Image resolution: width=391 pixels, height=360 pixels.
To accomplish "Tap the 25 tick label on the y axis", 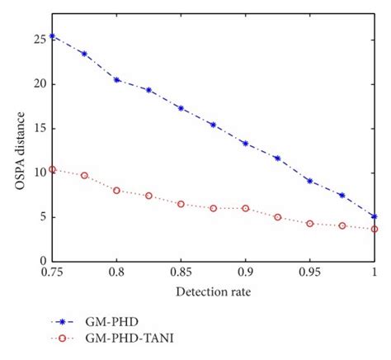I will click(40, 39).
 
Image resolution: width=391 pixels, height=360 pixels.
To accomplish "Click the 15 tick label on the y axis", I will click(40, 128).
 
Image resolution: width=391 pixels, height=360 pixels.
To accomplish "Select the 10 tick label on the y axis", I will click(40, 173).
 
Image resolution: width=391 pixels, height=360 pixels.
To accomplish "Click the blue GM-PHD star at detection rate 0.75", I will click(53, 36).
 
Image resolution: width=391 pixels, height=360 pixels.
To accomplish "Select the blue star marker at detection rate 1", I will click(375, 216).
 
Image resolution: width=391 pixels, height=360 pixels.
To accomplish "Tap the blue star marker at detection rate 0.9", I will click(245, 143).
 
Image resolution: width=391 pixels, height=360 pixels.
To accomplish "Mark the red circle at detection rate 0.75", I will click(53, 169).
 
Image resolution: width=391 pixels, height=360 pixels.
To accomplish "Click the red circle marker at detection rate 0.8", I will click(117, 190).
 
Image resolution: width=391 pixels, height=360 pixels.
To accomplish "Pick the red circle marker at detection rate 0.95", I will click(309, 224).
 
